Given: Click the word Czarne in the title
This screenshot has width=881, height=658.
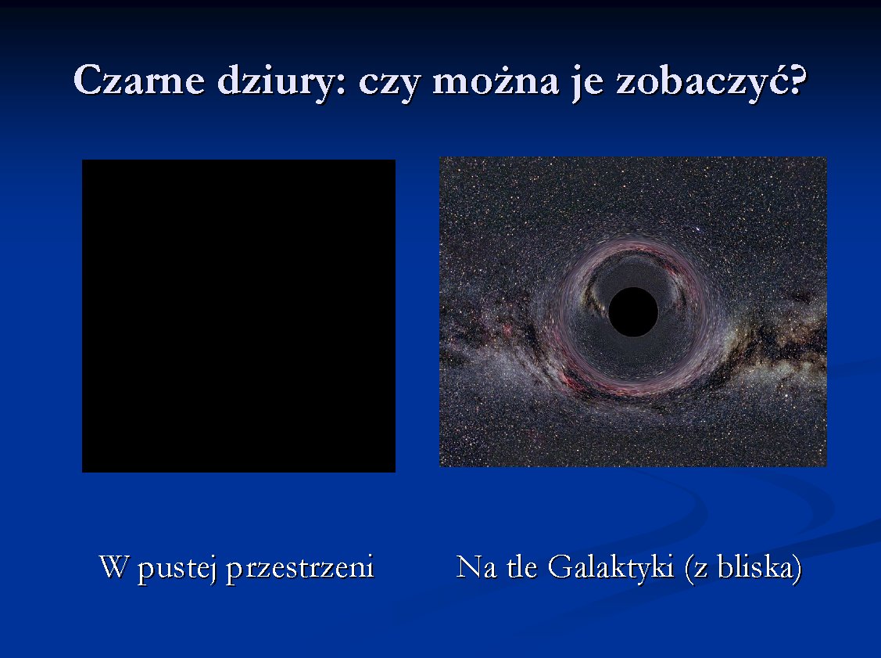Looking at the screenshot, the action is [139, 80].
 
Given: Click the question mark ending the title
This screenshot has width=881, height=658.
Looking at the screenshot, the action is [794, 80].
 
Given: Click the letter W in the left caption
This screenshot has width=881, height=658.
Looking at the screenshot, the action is [114, 566].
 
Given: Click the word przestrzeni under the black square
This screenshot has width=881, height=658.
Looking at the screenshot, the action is [299, 569].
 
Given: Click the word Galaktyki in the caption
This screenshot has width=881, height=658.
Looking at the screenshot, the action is [611, 568].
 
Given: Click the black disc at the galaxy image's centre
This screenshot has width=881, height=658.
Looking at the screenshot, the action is [633, 312].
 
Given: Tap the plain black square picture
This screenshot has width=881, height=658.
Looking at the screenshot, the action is [238, 316].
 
